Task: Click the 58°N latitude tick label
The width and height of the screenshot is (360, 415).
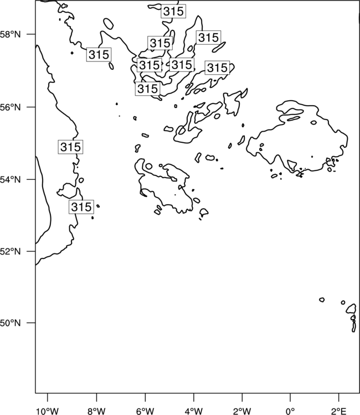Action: [x=10, y=34]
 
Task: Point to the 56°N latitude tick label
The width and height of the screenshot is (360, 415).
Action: [x=10, y=107]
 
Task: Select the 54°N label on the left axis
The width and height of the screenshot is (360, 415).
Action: [x=10, y=180]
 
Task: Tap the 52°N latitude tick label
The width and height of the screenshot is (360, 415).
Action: [x=10, y=251]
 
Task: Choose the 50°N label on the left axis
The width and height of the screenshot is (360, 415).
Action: [x=10, y=323]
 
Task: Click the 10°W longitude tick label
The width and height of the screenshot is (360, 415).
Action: [x=48, y=411]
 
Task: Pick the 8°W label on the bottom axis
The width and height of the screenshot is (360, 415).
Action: [x=96, y=411]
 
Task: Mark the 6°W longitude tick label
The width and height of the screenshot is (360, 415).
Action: [x=145, y=411]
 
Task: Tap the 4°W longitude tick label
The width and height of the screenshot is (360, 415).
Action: [x=194, y=411]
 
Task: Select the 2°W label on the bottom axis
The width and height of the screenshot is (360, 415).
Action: [x=242, y=411]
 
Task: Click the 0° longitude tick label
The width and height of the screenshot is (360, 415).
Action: [x=290, y=411]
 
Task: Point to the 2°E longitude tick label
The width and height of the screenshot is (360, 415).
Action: [x=339, y=411]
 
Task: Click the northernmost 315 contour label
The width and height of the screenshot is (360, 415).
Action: [x=173, y=12]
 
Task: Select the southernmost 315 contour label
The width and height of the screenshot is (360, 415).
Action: [x=81, y=207]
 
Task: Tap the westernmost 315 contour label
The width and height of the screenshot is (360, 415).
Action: [x=70, y=147]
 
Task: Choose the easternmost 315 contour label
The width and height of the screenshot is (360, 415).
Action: [x=217, y=68]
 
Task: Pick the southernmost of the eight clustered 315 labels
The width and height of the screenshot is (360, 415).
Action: [x=147, y=89]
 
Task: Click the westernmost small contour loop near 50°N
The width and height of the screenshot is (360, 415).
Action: [x=322, y=299]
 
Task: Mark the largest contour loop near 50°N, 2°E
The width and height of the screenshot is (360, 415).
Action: [x=351, y=309]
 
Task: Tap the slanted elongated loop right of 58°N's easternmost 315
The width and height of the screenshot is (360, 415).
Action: [x=219, y=47]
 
